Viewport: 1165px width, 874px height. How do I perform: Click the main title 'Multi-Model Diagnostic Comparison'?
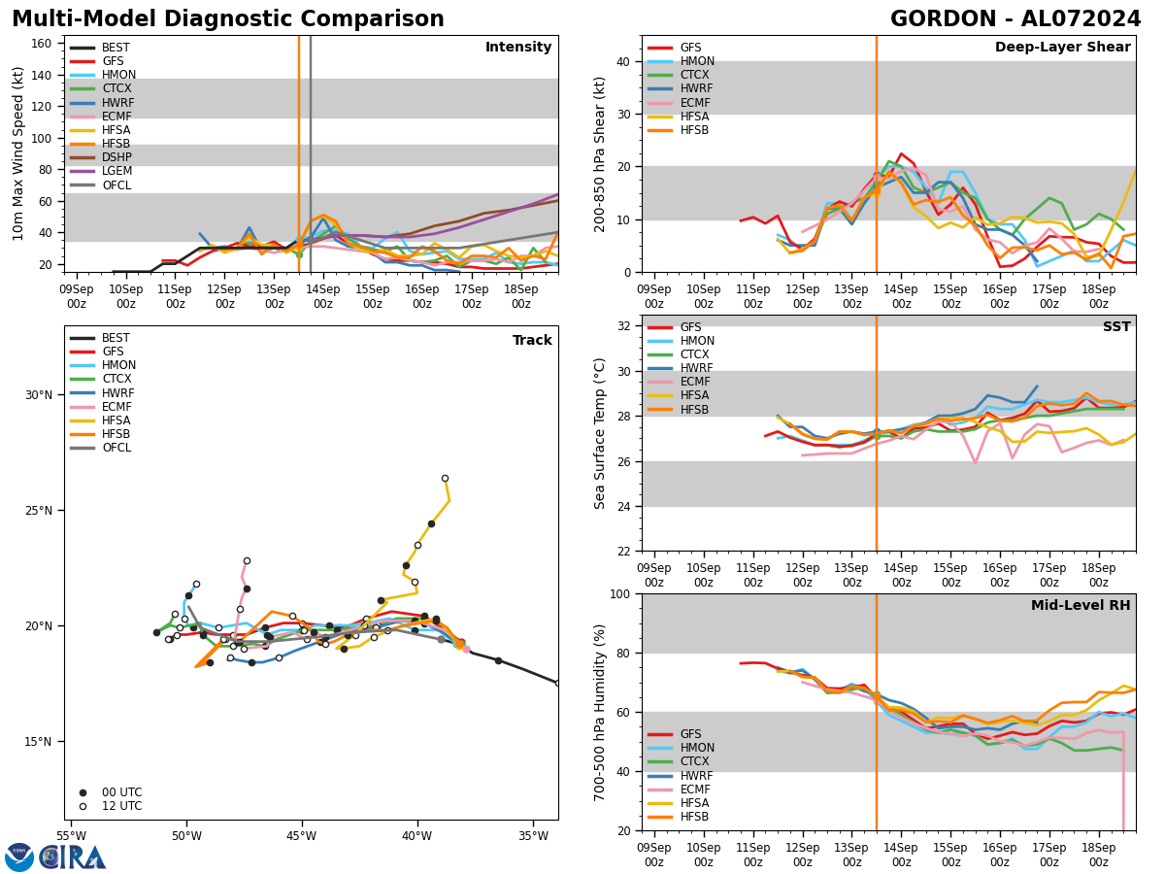tap(228, 19)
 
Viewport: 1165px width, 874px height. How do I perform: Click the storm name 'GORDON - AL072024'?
tap(1015, 19)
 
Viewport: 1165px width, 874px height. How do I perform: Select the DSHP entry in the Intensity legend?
tap(116, 157)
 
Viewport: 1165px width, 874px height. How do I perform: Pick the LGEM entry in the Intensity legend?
tap(116, 171)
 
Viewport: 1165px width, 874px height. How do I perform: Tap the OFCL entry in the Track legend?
tap(116, 448)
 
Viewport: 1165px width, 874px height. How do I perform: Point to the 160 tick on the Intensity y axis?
tap(43, 44)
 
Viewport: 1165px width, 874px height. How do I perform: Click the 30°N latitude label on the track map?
tap(40, 395)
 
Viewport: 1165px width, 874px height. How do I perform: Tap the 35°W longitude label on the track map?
tap(533, 835)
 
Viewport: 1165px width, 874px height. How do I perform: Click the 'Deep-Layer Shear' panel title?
tap(1062, 48)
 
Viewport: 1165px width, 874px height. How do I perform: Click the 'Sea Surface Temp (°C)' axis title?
tap(601, 433)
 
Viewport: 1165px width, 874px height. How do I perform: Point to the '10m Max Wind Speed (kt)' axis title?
tap(18, 153)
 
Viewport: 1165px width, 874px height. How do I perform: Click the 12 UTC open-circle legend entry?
tap(121, 806)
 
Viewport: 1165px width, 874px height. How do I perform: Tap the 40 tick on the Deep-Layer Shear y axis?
tap(622, 62)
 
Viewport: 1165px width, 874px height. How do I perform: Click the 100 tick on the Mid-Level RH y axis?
tap(618, 594)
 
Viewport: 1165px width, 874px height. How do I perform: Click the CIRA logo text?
tap(73, 857)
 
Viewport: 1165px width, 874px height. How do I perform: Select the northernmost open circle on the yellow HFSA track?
tap(445, 478)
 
